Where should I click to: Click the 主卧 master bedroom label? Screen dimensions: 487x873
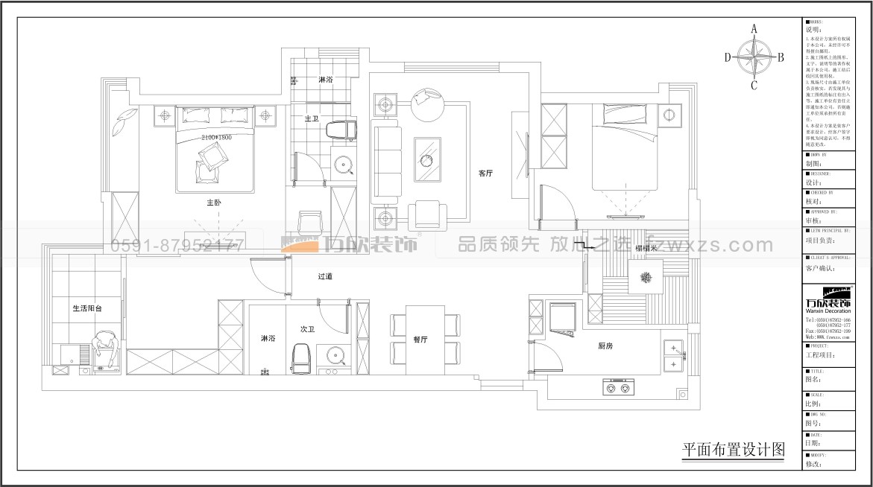(214, 203)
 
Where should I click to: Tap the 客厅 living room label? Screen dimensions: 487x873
(486, 174)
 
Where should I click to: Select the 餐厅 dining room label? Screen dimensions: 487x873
(420, 340)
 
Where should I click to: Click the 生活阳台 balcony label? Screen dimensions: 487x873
(86, 308)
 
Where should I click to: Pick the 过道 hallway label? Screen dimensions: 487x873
(325, 277)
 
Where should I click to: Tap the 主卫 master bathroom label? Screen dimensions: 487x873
(312, 118)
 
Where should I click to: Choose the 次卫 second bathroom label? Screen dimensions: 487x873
(308, 328)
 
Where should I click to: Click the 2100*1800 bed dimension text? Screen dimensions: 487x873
(216, 138)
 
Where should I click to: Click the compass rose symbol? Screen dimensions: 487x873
(754, 57)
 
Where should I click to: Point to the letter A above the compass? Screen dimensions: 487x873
(754, 29)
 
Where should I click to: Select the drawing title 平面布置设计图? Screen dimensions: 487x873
(734, 450)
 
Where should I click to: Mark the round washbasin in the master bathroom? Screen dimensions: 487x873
(344, 163)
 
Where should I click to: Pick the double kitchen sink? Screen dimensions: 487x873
(674, 356)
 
